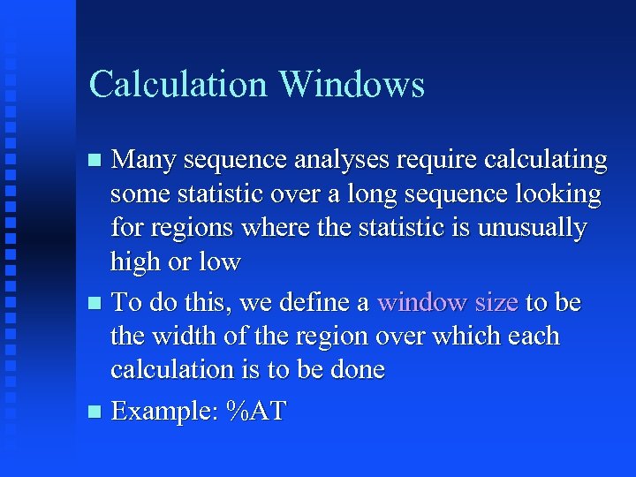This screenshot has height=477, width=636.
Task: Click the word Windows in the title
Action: click(x=352, y=85)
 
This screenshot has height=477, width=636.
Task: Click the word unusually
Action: click(x=532, y=229)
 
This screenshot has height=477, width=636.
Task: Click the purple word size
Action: click(x=496, y=302)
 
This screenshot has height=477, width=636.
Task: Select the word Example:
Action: click(x=165, y=412)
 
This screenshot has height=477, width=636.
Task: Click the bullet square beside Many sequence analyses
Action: click(x=95, y=161)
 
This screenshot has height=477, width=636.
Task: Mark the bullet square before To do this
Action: click(x=95, y=303)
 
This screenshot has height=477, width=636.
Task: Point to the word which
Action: click(x=470, y=336)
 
